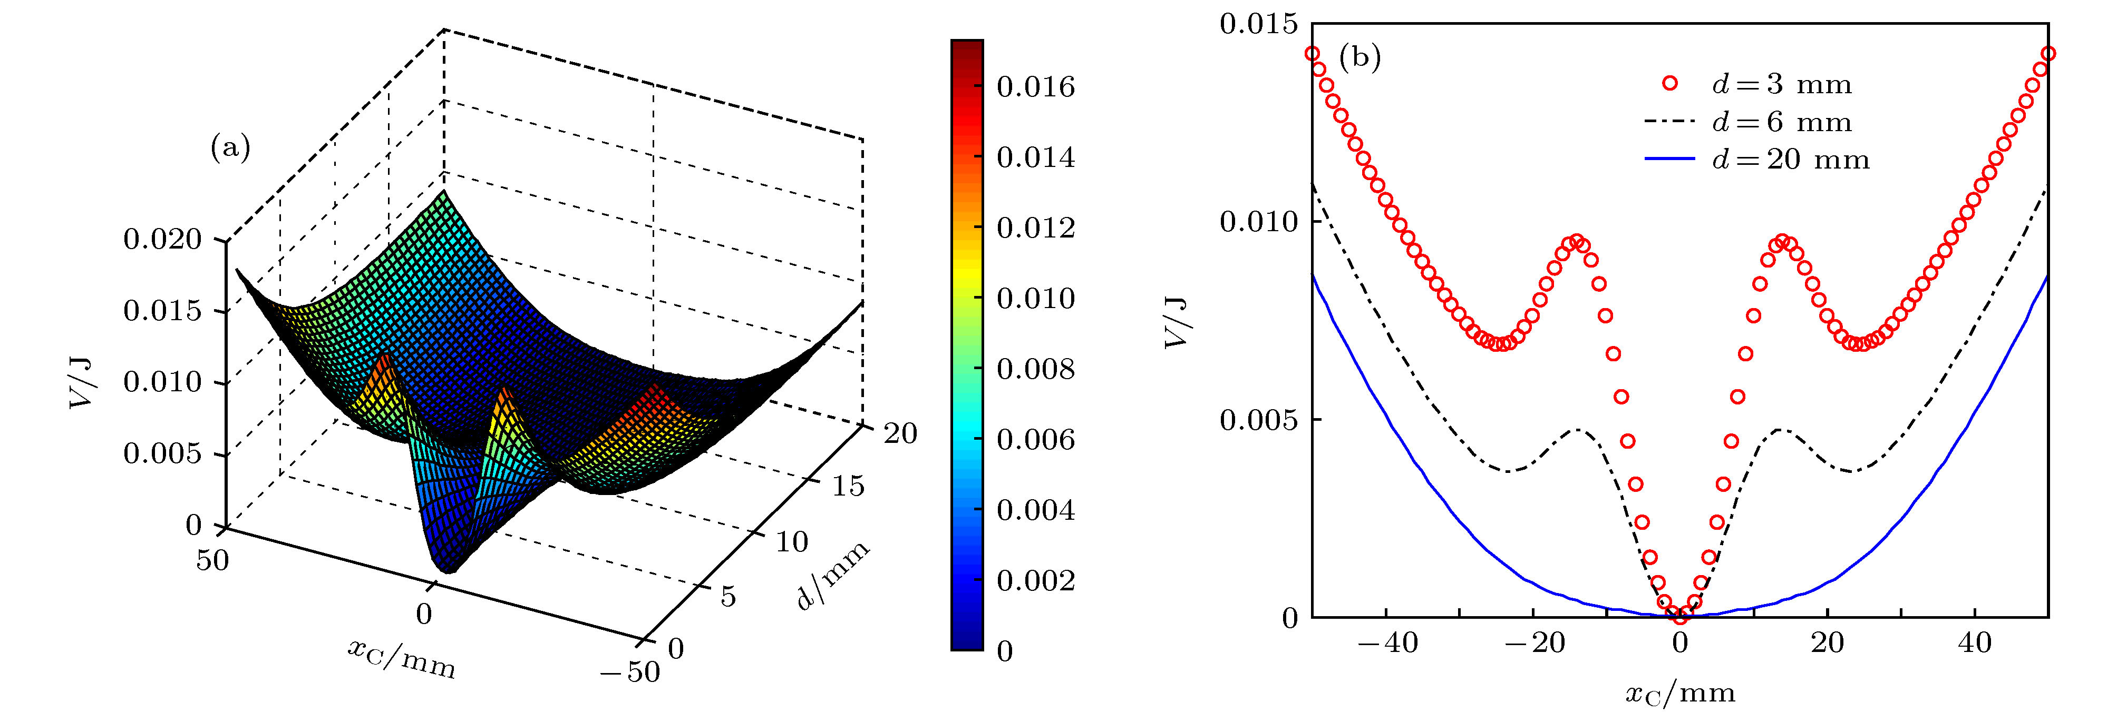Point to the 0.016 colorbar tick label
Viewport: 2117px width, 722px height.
pos(1035,87)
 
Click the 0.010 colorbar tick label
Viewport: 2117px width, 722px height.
pos(1035,298)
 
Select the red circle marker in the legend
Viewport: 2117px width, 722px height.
pos(1669,83)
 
